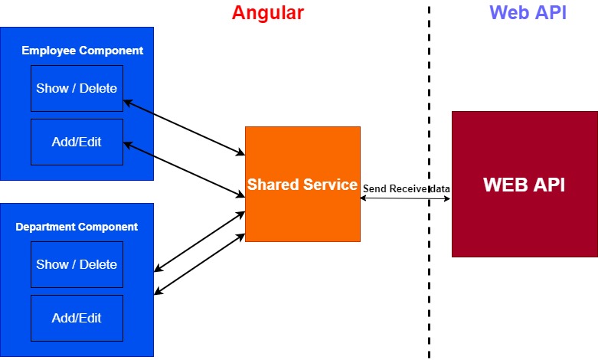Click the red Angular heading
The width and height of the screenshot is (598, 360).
click(268, 13)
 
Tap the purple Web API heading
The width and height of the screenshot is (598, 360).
click(528, 12)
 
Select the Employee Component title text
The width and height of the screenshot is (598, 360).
click(83, 51)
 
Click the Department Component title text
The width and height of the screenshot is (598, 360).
click(77, 227)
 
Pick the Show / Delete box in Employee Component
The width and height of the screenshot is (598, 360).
click(77, 89)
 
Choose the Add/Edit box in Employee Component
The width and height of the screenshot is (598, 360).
click(77, 142)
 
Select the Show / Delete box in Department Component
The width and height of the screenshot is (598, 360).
click(77, 265)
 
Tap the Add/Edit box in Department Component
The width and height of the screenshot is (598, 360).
click(77, 318)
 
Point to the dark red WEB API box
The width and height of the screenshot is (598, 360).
click(524, 184)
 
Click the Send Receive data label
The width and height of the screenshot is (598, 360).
click(406, 188)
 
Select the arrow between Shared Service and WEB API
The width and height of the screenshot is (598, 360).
click(405, 198)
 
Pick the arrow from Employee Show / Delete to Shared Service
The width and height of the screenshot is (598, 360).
click(185, 128)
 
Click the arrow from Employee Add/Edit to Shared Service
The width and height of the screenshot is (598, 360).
click(185, 170)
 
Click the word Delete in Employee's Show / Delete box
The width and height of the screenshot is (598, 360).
click(98, 89)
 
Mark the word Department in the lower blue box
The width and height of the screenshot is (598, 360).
click(45, 227)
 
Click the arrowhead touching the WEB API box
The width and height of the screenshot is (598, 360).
click(447, 198)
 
